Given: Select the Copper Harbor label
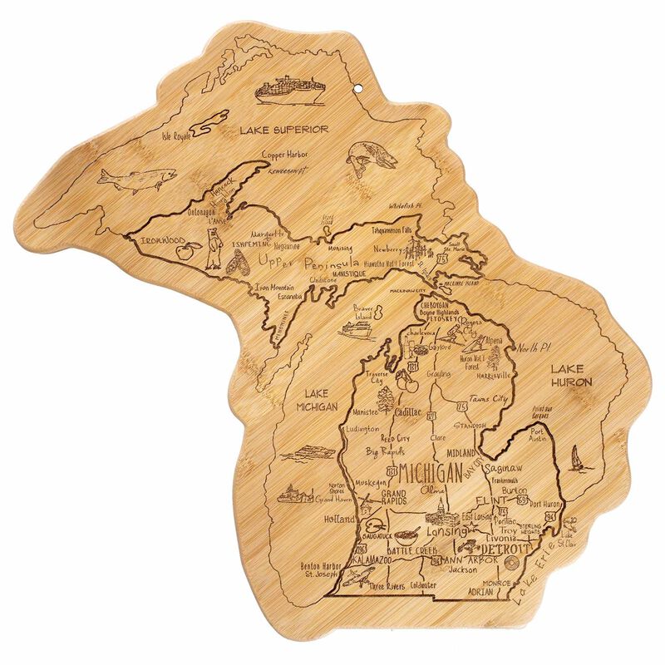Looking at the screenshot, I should (285, 155).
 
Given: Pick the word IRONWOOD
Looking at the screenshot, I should (161, 241).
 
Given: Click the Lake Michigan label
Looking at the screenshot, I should (319, 400).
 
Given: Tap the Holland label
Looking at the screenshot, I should (340, 519).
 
